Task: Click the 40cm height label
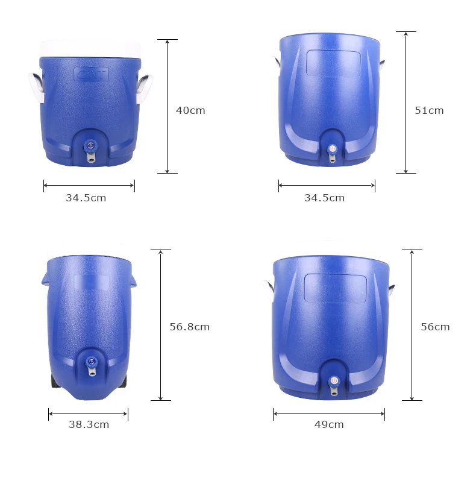[x=190, y=110]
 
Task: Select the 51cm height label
[x=429, y=110]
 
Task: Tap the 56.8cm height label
[x=189, y=327]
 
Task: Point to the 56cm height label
[x=435, y=327]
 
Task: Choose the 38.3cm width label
[x=89, y=424]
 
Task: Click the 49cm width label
[x=329, y=424]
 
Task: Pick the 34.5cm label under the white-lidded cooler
[x=86, y=198]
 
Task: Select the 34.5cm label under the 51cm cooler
[x=325, y=198]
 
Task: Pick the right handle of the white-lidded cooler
[x=145, y=87]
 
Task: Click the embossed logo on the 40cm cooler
[x=91, y=75]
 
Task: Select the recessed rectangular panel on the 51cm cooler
[x=333, y=63]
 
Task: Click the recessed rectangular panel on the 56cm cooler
[x=335, y=288]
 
